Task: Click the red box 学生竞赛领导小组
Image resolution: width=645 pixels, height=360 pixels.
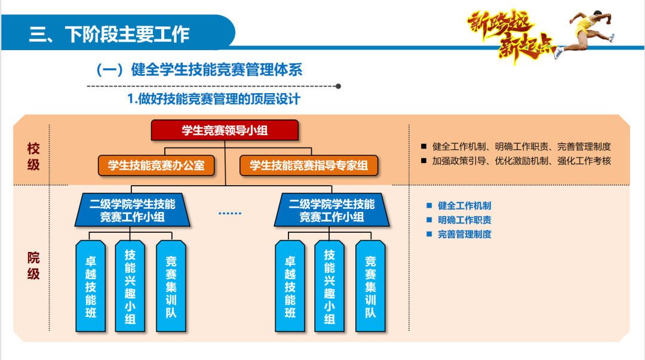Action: coord(224,130)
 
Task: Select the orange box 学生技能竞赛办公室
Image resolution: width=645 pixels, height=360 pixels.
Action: coord(156,165)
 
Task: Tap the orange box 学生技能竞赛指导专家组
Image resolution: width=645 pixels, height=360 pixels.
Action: coord(309,165)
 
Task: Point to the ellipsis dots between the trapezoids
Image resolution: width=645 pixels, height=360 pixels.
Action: coord(230,213)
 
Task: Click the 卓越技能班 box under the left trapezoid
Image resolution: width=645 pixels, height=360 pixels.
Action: coord(91,286)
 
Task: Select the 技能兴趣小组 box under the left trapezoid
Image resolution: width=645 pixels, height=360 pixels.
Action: coord(130,286)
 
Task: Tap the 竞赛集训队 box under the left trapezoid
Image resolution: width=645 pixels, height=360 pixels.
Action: coord(171,286)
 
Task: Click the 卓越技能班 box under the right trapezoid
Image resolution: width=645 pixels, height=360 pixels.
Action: coord(290,286)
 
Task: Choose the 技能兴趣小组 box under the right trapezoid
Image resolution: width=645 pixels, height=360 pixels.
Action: coord(329,286)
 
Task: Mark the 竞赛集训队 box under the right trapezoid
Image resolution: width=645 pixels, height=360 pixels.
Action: coord(370,286)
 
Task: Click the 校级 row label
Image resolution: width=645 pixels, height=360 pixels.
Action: coord(33,156)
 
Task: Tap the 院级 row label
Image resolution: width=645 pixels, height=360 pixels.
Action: coord(33,266)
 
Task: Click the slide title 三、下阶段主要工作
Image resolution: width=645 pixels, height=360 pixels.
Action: coord(109,34)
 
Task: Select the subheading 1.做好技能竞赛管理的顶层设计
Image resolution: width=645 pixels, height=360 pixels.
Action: coord(214,99)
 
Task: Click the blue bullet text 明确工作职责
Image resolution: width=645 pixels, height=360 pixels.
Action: coord(464,220)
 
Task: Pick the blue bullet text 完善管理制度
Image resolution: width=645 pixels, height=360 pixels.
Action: coord(464,234)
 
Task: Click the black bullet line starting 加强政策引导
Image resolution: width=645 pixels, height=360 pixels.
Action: coord(521,161)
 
